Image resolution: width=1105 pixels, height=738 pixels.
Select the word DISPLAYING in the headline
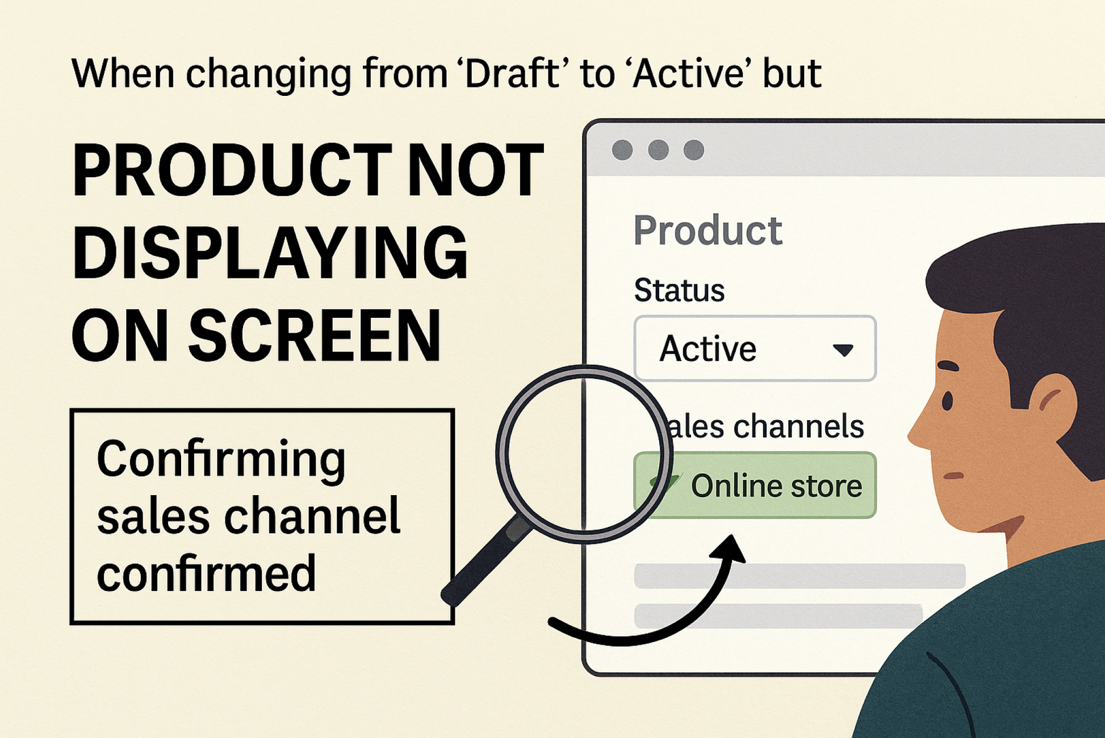[x=270, y=253]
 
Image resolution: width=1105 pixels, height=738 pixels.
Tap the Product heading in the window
[x=708, y=230]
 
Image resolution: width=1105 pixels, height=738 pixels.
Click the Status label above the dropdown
[x=679, y=290]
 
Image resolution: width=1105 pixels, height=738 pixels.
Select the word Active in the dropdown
[x=708, y=348]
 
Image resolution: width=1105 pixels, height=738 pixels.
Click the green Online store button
[x=755, y=485]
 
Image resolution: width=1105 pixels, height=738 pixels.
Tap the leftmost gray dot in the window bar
[x=622, y=150]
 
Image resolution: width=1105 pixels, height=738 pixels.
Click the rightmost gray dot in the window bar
[x=693, y=150]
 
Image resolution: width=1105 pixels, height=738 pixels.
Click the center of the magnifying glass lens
[x=584, y=454]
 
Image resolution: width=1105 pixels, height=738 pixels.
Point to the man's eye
[x=947, y=401]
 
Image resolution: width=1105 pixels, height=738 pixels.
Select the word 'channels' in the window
[x=798, y=426]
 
